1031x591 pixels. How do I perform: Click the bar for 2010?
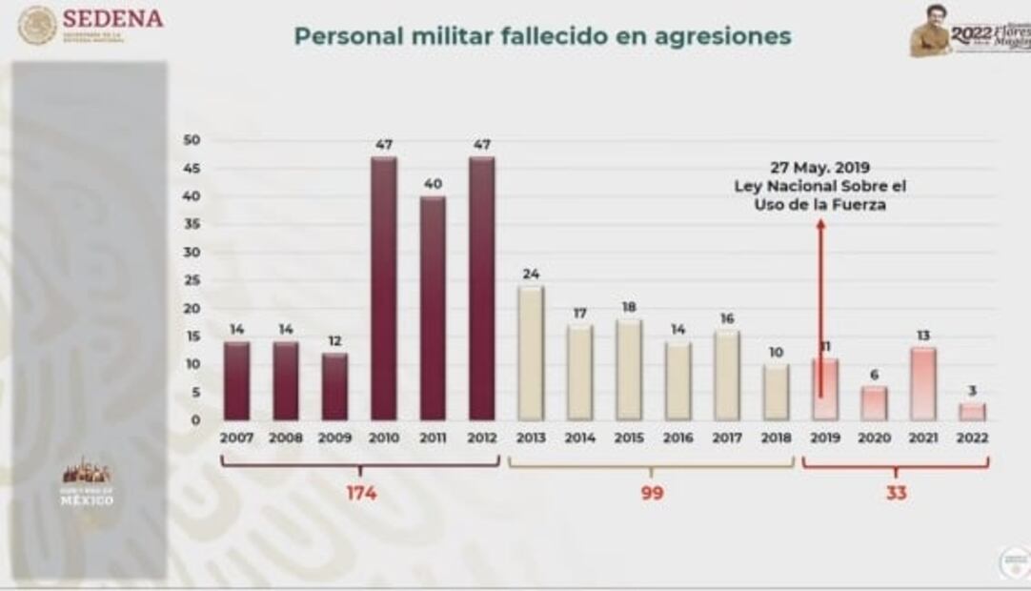click(x=384, y=288)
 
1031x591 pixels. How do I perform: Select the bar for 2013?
click(x=531, y=353)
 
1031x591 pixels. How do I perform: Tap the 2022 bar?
click(x=973, y=411)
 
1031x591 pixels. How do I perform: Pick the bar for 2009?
click(x=334, y=386)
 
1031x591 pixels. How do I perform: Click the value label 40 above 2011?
click(x=433, y=183)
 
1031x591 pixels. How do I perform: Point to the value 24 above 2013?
click(x=531, y=274)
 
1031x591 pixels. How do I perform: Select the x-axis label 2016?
click(x=678, y=438)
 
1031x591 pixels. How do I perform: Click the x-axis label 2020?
click(x=875, y=438)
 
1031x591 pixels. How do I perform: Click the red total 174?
click(x=361, y=494)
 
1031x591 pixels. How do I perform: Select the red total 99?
click(x=652, y=494)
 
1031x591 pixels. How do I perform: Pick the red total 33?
click(x=896, y=494)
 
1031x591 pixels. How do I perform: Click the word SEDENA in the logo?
click(x=113, y=18)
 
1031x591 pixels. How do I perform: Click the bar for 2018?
click(x=777, y=391)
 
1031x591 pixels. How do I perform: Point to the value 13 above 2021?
click(x=923, y=335)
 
